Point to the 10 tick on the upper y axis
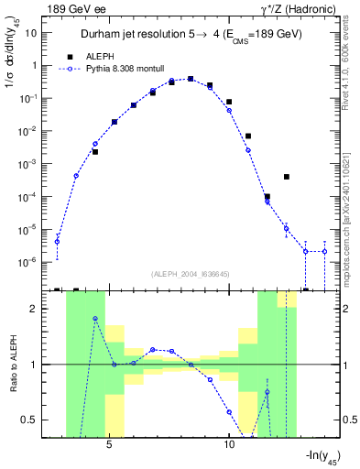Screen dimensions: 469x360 [x=31, y=32]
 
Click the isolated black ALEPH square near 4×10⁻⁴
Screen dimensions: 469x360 [x=287, y=177]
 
